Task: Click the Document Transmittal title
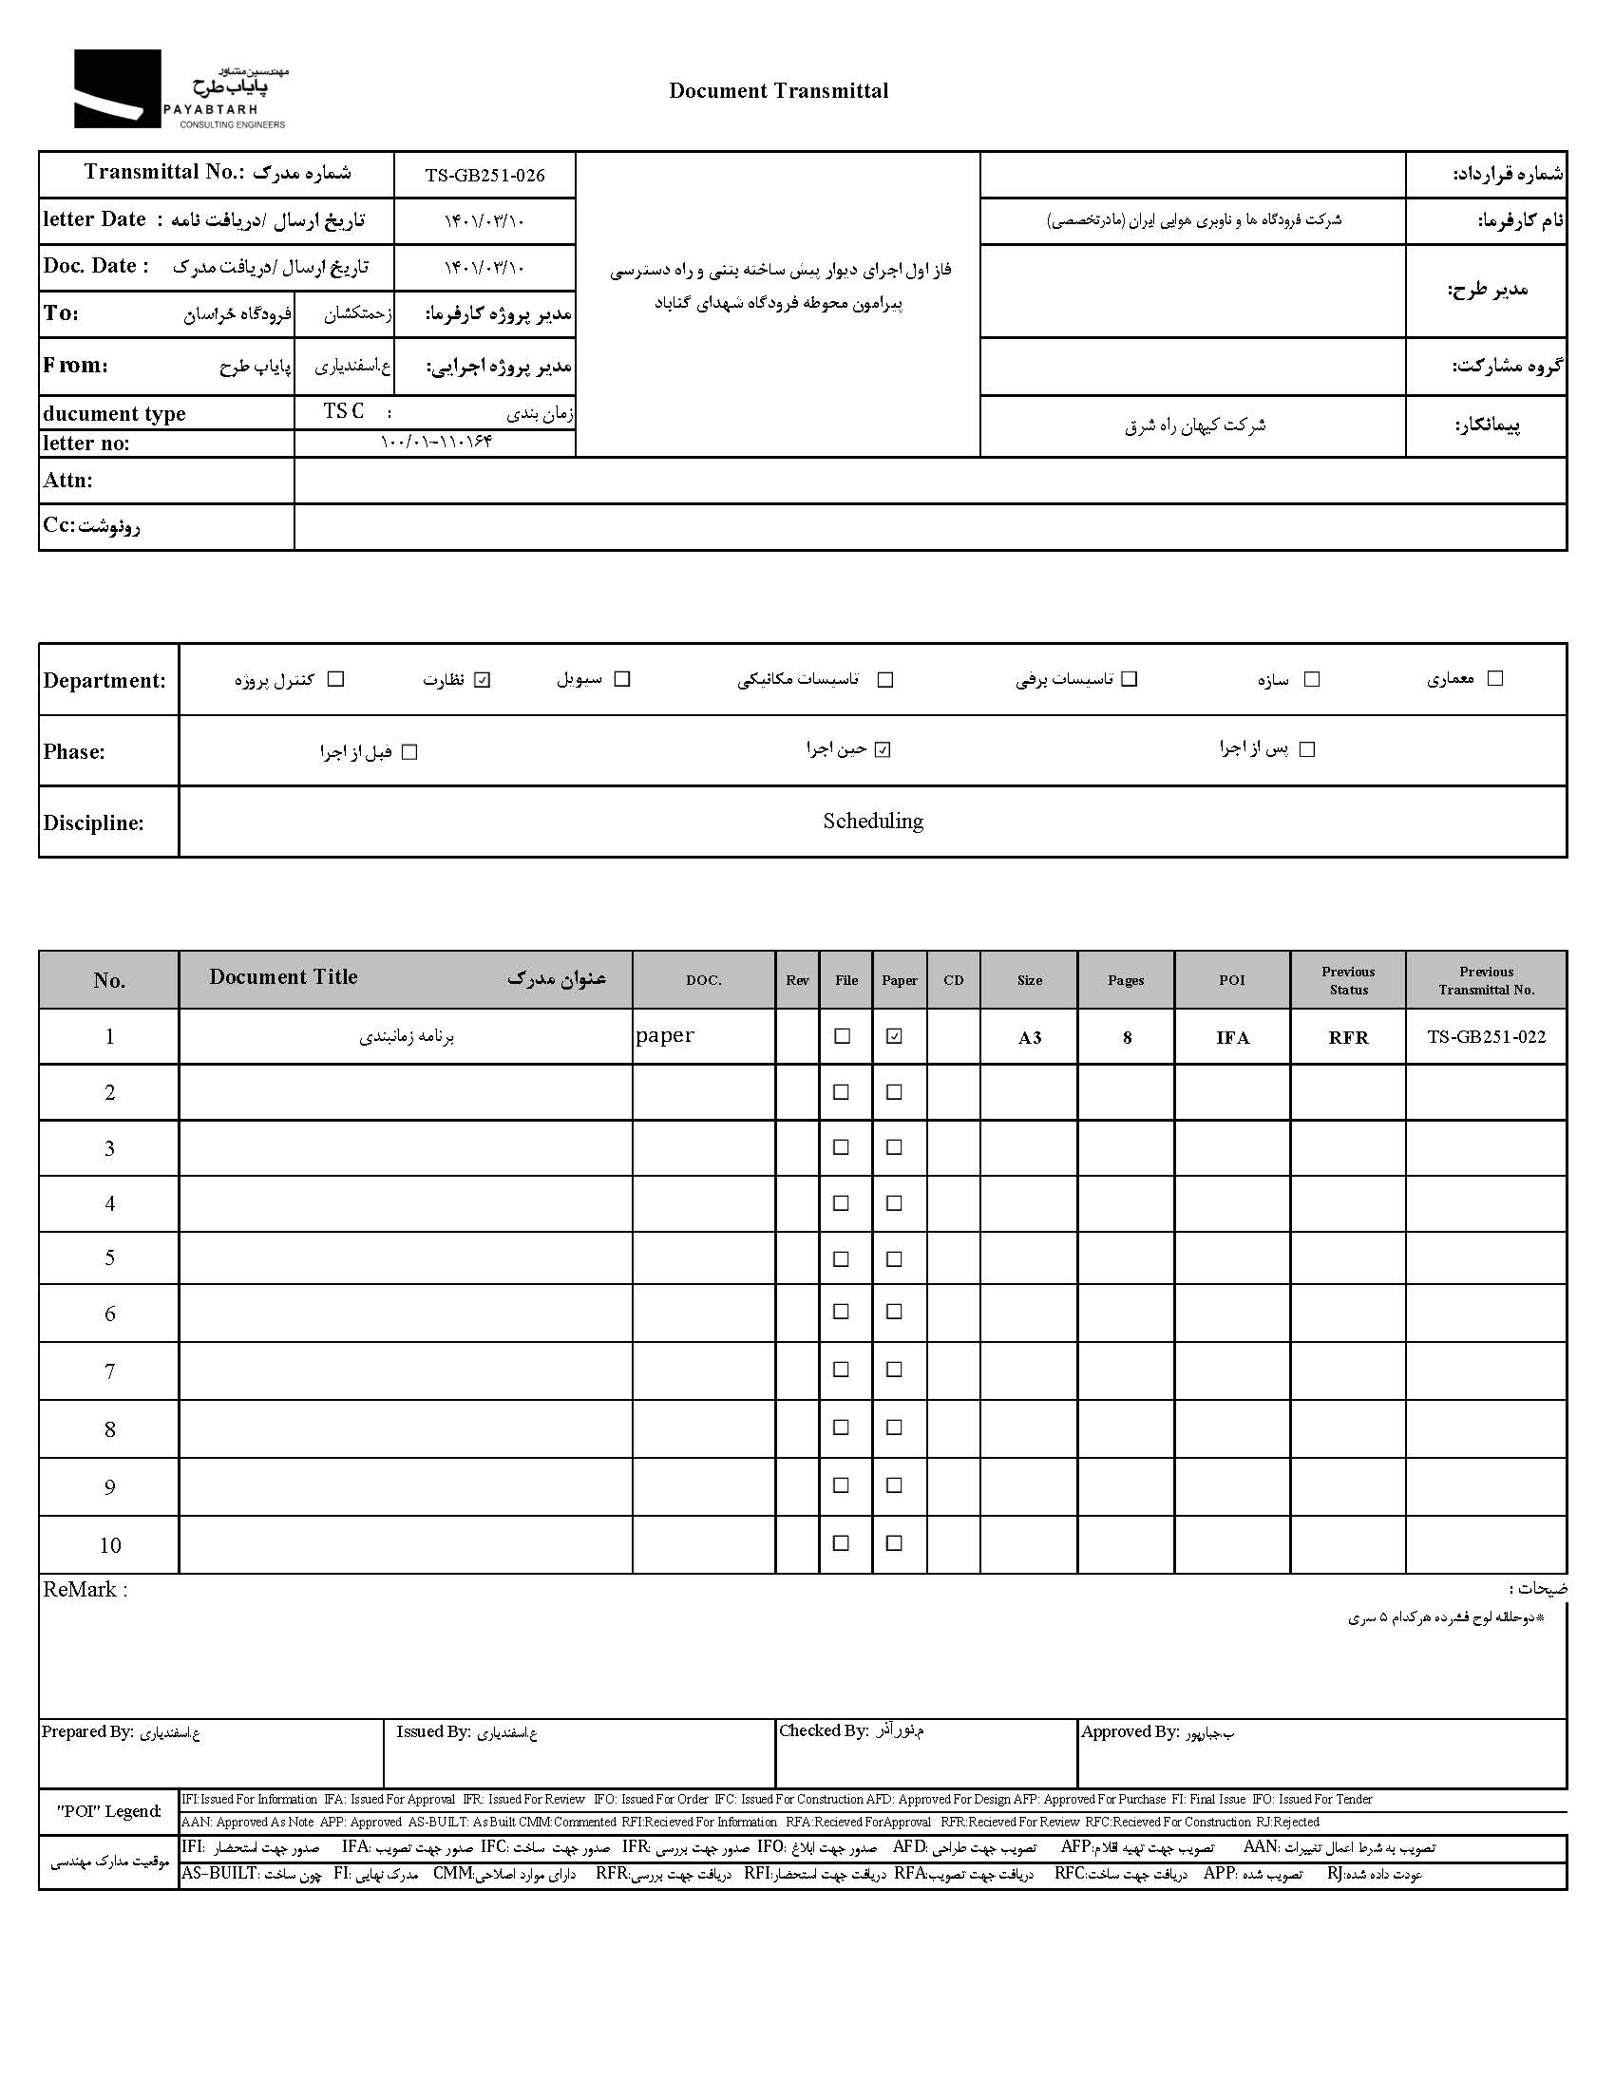point(778,91)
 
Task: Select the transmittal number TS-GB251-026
point(484,175)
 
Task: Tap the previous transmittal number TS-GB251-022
point(1486,1036)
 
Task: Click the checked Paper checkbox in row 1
point(893,1036)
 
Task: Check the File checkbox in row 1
point(842,1036)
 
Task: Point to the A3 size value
point(1030,1037)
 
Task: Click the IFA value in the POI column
point(1232,1037)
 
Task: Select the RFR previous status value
point(1347,1037)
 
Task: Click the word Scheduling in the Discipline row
point(873,821)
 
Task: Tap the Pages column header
point(1126,980)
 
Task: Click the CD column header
point(953,980)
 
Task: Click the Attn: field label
point(68,481)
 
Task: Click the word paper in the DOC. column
point(665,1035)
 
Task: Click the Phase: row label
point(74,752)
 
